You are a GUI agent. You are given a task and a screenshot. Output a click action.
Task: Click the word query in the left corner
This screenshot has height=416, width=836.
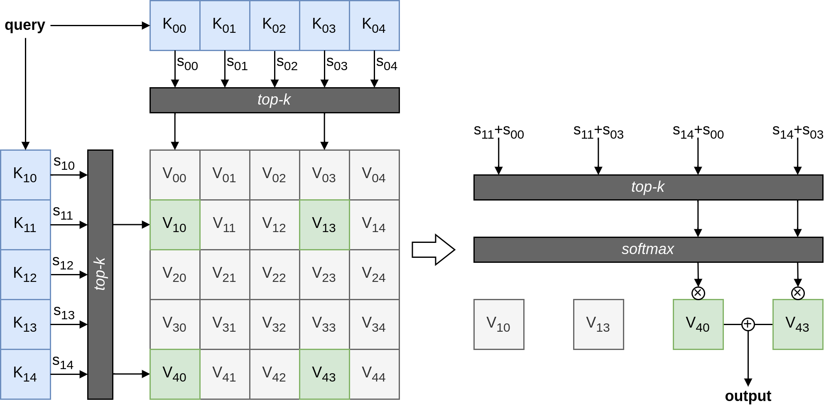point(25,25)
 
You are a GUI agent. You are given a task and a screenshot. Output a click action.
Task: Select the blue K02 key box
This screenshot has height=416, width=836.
point(274,25)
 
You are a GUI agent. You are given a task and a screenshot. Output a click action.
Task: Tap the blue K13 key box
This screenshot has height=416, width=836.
point(25,324)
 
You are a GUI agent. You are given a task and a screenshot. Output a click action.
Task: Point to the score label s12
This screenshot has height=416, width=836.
point(63,263)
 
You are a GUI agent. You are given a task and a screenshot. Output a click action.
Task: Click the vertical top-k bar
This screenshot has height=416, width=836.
point(100,274)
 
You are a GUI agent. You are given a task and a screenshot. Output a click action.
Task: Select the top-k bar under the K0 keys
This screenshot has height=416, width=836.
point(274,100)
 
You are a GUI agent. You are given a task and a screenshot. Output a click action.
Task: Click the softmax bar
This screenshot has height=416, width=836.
point(648,250)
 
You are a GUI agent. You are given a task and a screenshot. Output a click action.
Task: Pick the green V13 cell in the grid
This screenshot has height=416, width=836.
point(324,225)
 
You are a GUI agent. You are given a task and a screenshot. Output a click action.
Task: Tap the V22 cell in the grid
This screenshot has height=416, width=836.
point(274,274)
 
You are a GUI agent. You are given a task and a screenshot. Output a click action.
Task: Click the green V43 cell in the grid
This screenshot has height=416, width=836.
point(324,374)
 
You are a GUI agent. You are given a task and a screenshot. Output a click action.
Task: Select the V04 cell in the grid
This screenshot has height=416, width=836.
point(374,175)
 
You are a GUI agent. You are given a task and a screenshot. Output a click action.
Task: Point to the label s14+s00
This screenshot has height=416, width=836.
point(698,132)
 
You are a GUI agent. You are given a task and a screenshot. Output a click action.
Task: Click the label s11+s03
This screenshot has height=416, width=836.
point(598,132)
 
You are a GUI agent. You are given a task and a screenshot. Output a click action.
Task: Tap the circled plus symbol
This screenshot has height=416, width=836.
point(748,324)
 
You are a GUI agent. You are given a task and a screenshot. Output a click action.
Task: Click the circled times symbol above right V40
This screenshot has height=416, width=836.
point(698,293)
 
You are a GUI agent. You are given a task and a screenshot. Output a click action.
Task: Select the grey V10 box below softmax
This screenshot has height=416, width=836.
point(499,324)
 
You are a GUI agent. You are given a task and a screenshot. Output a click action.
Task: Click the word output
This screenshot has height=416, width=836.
point(748,396)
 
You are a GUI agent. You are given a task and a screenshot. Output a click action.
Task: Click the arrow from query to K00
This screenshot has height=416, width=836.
point(100,25)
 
